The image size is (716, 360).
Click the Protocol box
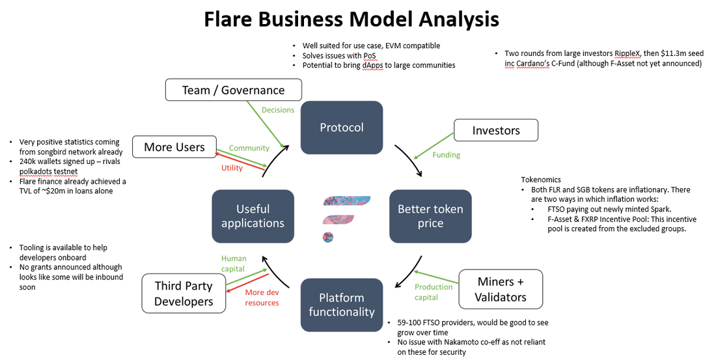click(342, 127)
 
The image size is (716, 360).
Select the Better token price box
click(430, 216)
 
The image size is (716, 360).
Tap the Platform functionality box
click(342, 305)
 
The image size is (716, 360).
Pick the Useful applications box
click(253, 216)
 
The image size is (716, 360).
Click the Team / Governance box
click(233, 90)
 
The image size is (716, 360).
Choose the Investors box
click(496, 130)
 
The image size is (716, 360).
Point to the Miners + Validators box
click(501, 289)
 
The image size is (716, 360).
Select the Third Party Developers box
click(184, 294)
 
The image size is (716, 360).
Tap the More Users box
click(174, 146)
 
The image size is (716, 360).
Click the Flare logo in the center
click(346, 218)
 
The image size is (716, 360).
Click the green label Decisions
click(278, 109)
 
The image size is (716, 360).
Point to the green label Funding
click(446, 155)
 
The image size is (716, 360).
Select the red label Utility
click(232, 168)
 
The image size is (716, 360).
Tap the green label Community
click(249, 148)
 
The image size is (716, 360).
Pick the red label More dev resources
click(262, 298)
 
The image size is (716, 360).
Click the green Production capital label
click(434, 292)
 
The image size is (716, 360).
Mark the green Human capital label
click(234, 264)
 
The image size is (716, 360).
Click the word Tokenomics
click(541, 180)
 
